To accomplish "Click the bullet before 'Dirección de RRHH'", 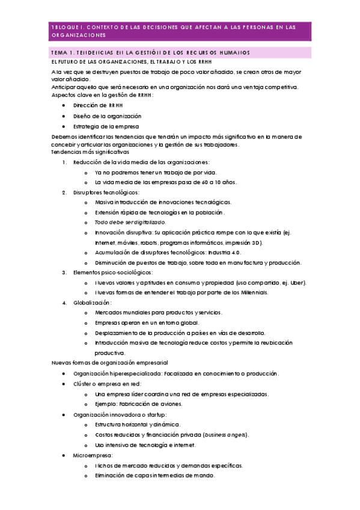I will pyautogui.click(x=64, y=105).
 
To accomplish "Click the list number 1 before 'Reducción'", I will pyautogui.click(x=64, y=162).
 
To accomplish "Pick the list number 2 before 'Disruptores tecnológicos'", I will pyautogui.click(x=64, y=192).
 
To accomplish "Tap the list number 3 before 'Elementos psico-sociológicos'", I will pyautogui.click(x=64, y=272).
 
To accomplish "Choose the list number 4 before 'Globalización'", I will pyautogui.click(x=64, y=303).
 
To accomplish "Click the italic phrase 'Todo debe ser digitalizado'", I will pyautogui.click(x=130, y=222).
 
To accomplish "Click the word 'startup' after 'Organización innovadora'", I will pyautogui.click(x=154, y=414).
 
